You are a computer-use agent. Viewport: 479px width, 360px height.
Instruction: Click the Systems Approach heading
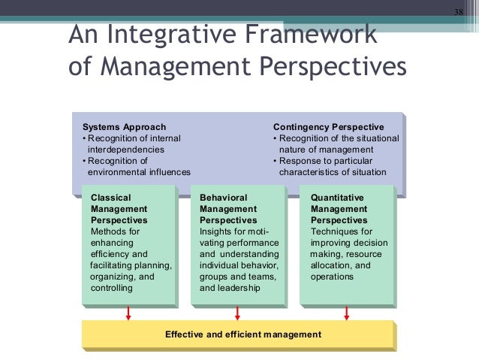(x=124, y=127)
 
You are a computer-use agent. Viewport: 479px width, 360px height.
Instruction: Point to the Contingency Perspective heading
(x=328, y=127)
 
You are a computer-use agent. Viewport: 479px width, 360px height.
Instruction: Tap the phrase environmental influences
(x=139, y=172)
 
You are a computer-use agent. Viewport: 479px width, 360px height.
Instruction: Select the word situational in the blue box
(x=371, y=138)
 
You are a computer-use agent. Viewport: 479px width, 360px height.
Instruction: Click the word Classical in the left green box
(x=111, y=198)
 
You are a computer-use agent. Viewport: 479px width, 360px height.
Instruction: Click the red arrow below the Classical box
(x=128, y=313)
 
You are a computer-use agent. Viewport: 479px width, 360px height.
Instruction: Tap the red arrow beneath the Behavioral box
(x=238, y=313)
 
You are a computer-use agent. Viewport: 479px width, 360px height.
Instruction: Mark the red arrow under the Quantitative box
(x=347, y=313)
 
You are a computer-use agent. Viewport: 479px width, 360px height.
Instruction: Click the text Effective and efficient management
(x=243, y=334)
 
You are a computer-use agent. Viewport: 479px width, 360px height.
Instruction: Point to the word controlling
(x=112, y=288)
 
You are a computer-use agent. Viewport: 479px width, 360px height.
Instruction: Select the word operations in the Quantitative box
(x=332, y=277)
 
